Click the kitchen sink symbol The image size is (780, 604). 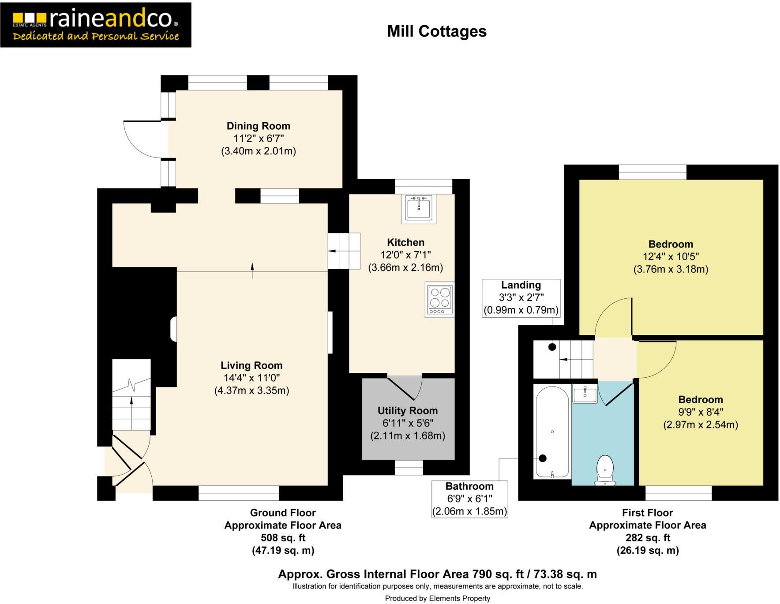(418, 208)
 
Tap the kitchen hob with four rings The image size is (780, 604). (439, 299)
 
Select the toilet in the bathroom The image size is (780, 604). (605, 469)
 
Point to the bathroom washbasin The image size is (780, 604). (585, 394)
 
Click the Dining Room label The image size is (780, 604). (258, 126)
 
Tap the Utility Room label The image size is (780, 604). (407, 411)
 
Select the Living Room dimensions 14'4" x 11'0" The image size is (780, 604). (251, 378)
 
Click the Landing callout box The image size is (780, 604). (521, 298)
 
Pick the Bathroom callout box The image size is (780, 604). (469, 499)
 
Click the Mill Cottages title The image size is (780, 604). (437, 31)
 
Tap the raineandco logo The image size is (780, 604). (96, 25)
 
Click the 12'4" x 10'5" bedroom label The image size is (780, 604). (671, 257)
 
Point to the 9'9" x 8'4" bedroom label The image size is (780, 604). (701, 412)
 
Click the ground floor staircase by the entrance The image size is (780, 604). (131, 395)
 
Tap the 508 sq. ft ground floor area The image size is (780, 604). (283, 538)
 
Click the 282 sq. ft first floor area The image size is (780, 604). (648, 538)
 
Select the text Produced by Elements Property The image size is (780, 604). (437, 598)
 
